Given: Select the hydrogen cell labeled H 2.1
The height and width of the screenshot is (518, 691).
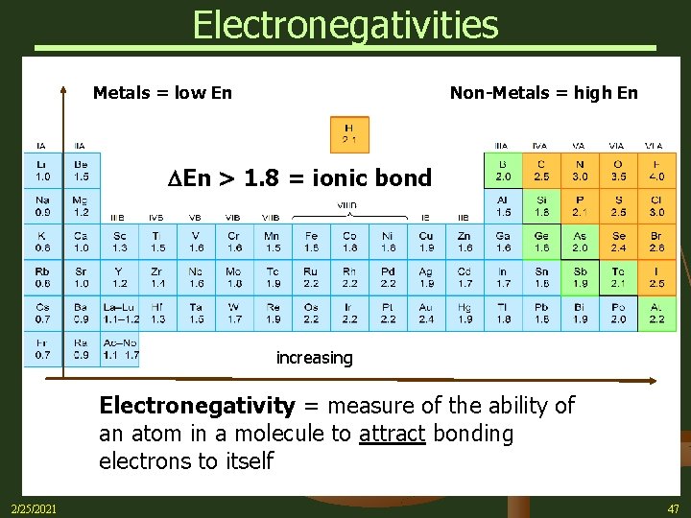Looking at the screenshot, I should [348, 134].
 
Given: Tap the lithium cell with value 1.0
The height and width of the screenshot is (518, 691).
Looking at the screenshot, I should [42, 171].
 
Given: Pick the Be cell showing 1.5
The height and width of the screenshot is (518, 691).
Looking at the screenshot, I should [81, 171].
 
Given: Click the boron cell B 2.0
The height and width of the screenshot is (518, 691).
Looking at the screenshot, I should [503, 171].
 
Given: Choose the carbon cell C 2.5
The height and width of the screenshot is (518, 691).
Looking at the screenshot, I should [541, 171].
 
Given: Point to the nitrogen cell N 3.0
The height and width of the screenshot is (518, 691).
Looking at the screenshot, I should [580, 171].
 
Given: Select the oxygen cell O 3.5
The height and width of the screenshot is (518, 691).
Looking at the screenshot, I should [618, 171].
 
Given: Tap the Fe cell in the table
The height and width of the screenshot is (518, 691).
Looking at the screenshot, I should [311, 241].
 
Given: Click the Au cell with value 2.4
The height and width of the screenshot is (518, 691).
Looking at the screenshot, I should [426, 312].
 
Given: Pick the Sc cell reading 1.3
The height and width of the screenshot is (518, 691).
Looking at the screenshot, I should [119, 241].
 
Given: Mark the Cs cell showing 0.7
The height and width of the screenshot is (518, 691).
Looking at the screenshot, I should [42, 312].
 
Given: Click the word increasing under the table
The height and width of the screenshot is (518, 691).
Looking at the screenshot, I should [314, 358].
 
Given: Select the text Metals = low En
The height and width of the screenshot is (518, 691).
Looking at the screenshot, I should [162, 93].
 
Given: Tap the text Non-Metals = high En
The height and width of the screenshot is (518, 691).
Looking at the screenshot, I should [543, 93].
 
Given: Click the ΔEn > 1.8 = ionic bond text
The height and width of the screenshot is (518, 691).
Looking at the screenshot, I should [299, 177].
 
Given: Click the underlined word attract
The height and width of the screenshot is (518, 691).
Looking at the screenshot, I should [392, 434].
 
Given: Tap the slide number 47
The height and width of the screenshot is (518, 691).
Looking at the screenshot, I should [671, 508].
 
